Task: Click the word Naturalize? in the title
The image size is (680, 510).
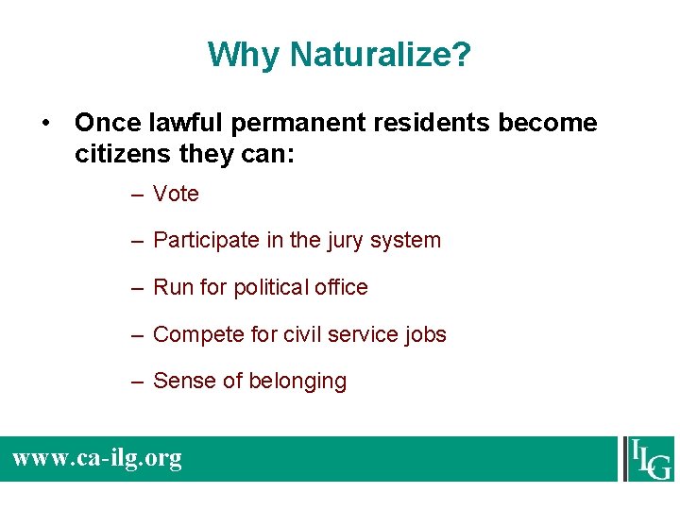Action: (381, 55)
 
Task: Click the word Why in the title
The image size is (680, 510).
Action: (245, 55)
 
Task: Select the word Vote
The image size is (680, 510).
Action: (176, 194)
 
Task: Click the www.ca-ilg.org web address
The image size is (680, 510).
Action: (97, 459)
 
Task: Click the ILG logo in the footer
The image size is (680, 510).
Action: (648, 458)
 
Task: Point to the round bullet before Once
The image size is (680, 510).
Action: (45, 124)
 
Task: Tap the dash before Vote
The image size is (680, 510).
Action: (138, 195)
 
